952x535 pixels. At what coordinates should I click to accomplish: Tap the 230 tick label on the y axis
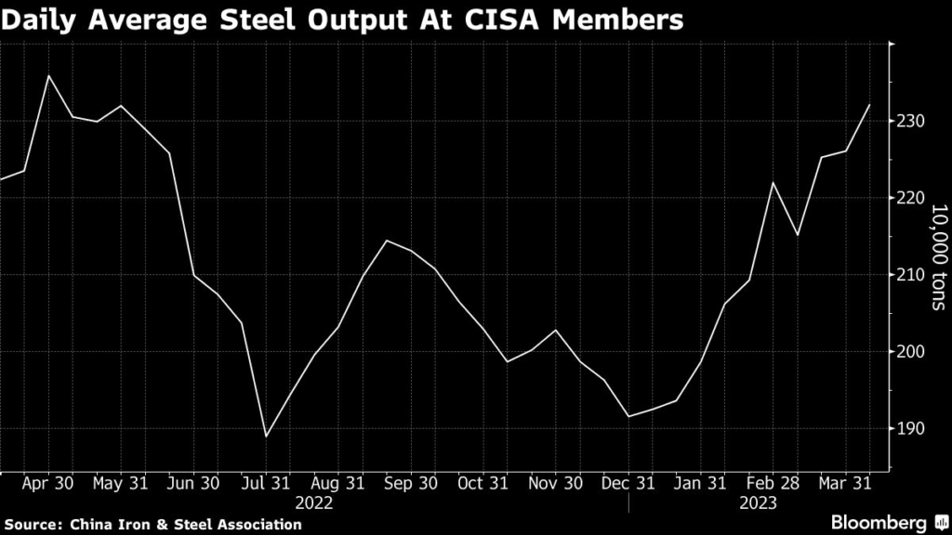913,122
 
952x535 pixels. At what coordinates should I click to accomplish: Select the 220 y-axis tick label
913,199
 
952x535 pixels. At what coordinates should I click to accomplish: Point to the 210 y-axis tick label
913,275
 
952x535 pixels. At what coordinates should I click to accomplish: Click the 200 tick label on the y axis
913,352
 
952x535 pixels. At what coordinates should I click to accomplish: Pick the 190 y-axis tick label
913,429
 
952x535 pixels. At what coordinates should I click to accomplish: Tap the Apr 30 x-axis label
46,484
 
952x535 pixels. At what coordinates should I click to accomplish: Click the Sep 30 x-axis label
411,484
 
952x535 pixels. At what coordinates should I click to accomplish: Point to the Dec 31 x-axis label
629,484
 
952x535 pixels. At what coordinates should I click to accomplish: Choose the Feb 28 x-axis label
774,484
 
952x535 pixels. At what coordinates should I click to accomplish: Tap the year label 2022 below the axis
315,502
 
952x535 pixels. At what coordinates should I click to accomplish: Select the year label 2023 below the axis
758,502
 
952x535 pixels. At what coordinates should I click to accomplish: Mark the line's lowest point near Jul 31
266,437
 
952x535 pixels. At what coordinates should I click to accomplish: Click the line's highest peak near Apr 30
48,75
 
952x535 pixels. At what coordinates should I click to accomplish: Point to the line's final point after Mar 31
870,105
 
